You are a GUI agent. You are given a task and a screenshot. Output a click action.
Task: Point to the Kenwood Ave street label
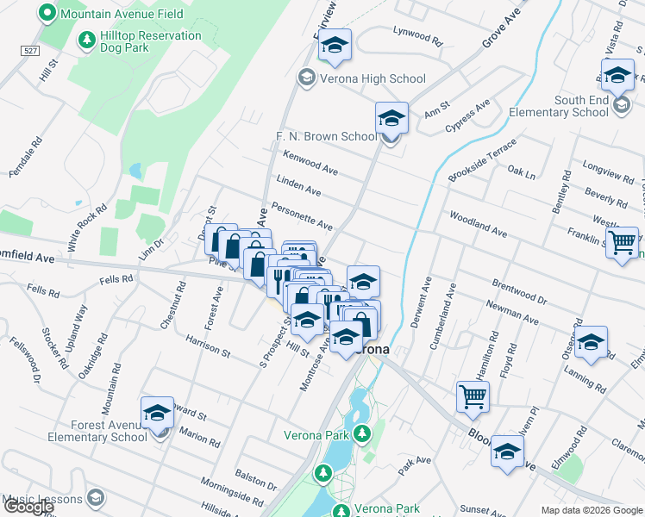[x=310, y=161]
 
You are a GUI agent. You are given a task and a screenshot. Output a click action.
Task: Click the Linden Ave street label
[x=298, y=184]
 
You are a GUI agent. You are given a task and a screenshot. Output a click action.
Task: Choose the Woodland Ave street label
[x=476, y=226]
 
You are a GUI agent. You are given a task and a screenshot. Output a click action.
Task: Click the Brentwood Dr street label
[x=519, y=290]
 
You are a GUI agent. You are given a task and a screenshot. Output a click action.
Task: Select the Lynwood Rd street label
[x=417, y=40]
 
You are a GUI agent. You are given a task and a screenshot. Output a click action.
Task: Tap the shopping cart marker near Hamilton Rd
[x=473, y=397]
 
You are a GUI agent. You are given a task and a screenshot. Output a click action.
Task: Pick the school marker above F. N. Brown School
[x=391, y=117]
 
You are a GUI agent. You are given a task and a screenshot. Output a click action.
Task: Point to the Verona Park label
[x=316, y=434]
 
